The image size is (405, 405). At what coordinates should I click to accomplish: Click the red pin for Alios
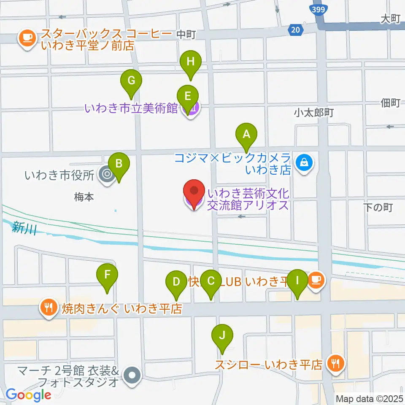tap(194, 194)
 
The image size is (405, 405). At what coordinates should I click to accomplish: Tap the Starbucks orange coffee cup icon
tap(27, 38)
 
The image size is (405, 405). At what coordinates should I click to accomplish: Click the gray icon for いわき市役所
tap(106, 174)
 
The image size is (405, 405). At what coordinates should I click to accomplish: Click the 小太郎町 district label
tap(314, 113)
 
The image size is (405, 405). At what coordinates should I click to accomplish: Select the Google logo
tap(28, 395)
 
